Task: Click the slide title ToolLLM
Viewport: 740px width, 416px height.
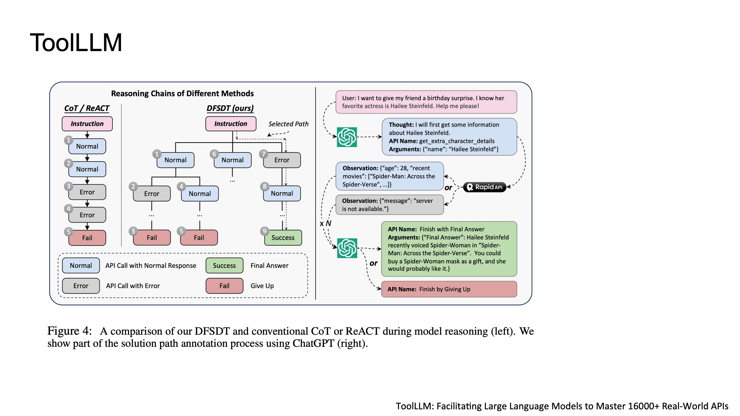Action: pyautogui.click(x=76, y=43)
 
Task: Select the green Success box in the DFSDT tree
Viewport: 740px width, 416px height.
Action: pyautogui.click(x=283, y=238)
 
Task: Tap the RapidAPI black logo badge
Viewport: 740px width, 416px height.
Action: pyautogui.click(x=485, y=187)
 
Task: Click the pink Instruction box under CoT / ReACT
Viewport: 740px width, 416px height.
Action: pyautogui.click(x=87, y=124)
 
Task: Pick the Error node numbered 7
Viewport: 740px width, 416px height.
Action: pyautogui.click(x=282, y=160)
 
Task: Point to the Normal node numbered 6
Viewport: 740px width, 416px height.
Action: pyautogui.click(x=232, y=160)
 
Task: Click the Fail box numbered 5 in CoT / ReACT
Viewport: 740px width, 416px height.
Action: pyautogui.click(x=87, y=238)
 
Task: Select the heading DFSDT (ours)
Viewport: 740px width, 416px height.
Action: pyautogui.click(x=230, y=108)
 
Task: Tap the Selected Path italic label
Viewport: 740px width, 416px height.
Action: pyautogui.click(x=288, y=124)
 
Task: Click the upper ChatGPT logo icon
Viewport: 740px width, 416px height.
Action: pyautogui.click(x=347, y=137)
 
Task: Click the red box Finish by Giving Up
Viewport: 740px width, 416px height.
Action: pyautogui.click(x=449, y=289)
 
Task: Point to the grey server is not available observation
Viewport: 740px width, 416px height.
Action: pyautogui.click(x=390, y=205)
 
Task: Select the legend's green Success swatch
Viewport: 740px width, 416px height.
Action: pyautogui.click(x=224, y=266)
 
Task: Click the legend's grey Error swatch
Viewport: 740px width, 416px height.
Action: pyautogui.click(x=81, y=286)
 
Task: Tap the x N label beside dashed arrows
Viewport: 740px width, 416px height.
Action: pyautogui.click(x=326, y=223)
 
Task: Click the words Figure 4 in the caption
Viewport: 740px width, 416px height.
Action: pyautogui.click(x=70, y=331)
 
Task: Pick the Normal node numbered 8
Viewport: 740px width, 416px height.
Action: pyautogui.click(x=282, y=194)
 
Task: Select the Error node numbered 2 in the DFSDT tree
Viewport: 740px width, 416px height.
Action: pyautogui.click(x=152, y=194)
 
